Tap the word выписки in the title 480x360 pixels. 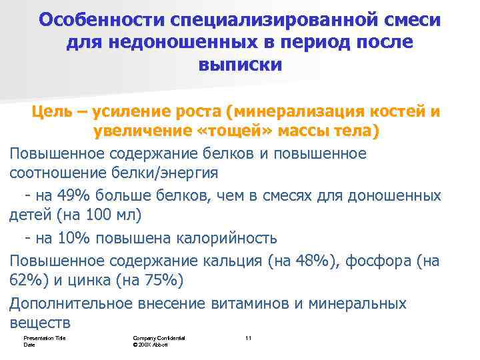(x=240, y=65)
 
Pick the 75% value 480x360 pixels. (x=159, y=281)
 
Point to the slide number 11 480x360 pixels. (x=248, y=338)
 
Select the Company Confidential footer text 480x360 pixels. (x=159, y=338)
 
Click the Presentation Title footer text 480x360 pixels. (x=42, y=338)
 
